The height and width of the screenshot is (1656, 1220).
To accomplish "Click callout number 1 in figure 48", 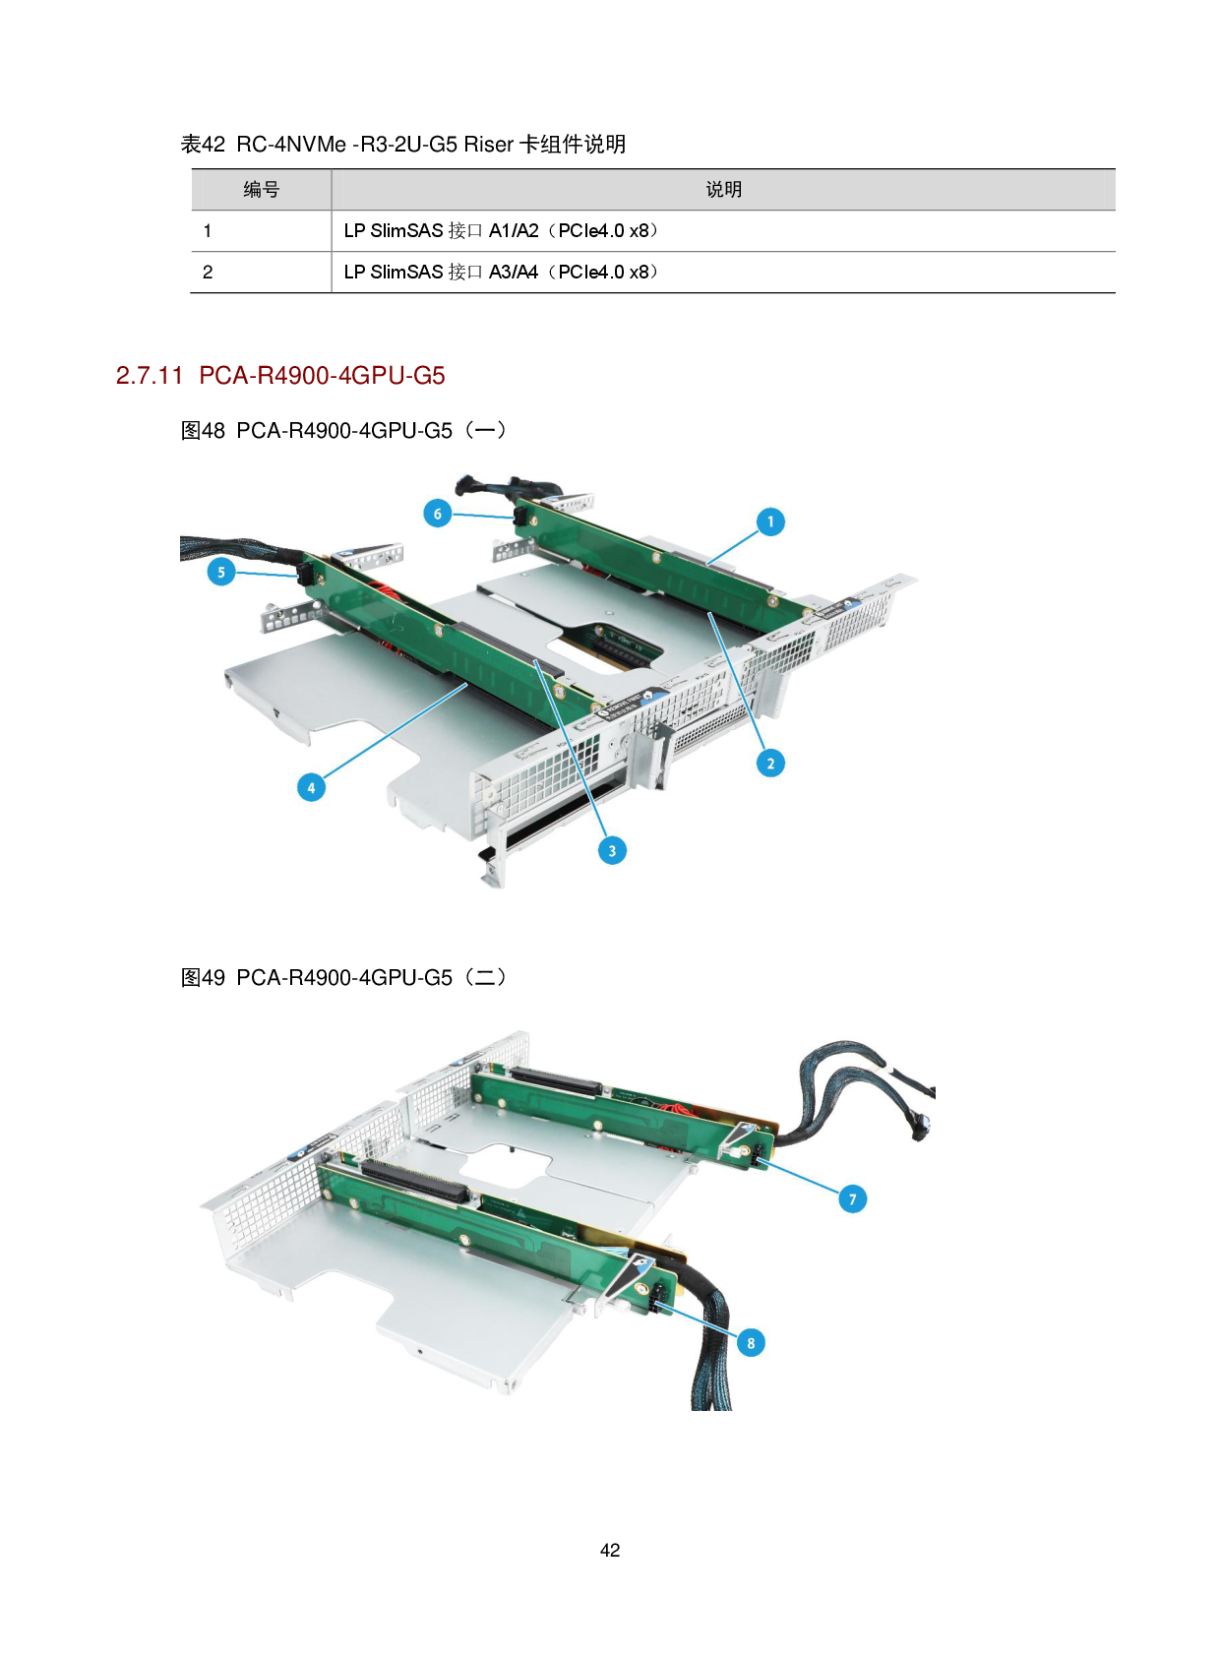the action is pos(770,521).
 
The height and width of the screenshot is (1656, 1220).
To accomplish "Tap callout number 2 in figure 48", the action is pos(770,763).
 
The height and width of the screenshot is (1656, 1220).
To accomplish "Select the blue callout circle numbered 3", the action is pos(612,851).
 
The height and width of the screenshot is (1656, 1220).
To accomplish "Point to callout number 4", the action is pos(311,787).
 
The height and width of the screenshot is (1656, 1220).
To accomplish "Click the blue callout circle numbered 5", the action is pos(221,572).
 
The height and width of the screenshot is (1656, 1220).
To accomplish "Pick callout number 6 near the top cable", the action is pos(438,513).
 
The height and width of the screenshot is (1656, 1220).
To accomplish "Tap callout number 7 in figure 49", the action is pos(852,1198).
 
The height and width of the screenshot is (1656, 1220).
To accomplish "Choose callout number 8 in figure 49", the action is pos(751,1342).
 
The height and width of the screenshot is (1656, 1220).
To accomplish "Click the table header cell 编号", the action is pos(262,190).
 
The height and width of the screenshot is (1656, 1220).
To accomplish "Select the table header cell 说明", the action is pos(723,190).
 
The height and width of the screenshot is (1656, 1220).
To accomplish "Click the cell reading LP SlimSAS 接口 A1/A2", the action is pos(501,230).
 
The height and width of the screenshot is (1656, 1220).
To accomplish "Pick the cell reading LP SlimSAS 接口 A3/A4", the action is pos(501,272).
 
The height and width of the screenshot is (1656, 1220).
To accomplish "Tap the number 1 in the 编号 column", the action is pos(208,231).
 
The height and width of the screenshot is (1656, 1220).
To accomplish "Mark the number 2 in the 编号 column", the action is pos(208,273).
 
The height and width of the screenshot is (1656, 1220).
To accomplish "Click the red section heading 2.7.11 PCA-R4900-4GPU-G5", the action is pos(280,376).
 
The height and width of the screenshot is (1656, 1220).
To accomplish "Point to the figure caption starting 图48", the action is pos(343,430).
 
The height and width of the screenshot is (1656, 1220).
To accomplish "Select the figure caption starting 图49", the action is pos(343,977).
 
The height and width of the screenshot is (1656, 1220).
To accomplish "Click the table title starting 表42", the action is pos(403,144).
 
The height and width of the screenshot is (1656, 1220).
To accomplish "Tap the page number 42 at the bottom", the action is pos(610,1551).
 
